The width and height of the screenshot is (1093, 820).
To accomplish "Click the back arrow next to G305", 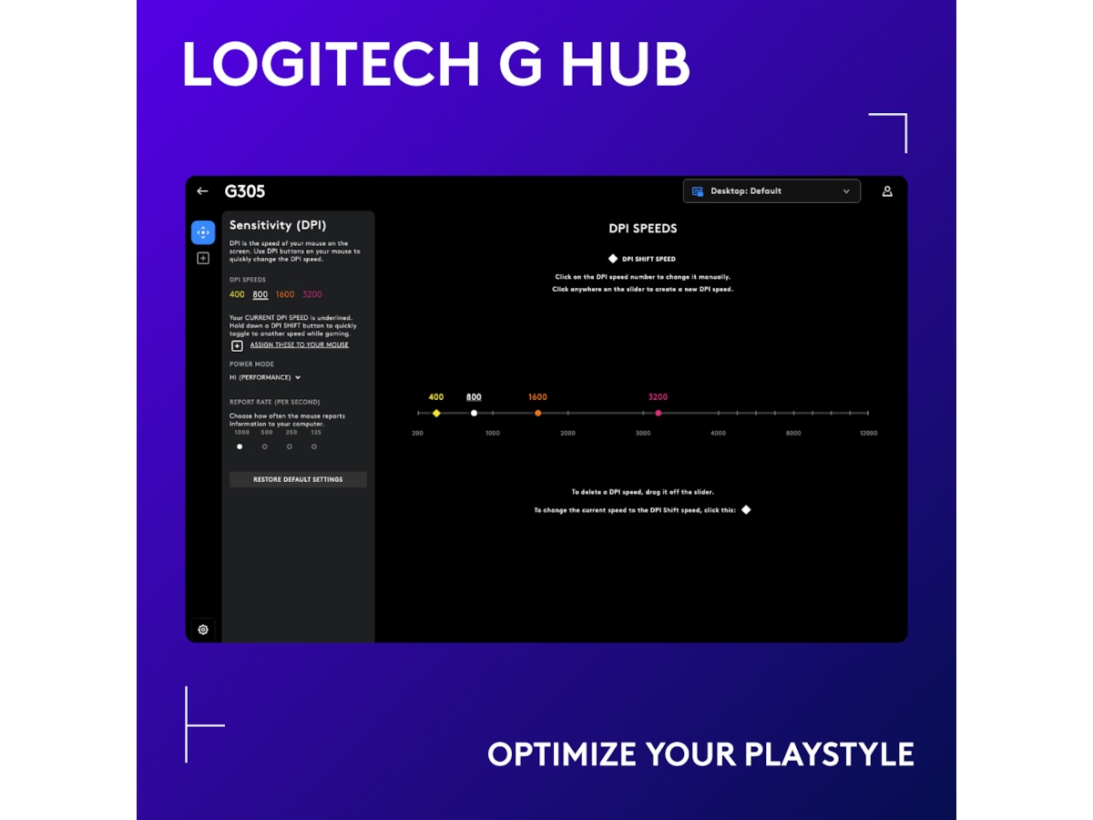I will click(x=202, y=191).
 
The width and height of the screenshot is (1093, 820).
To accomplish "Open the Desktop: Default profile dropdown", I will click(x=771, y=191).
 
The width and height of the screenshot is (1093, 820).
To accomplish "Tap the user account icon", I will click(x=887, y=191).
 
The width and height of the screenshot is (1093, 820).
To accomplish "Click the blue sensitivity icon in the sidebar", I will click(x=203, y=232).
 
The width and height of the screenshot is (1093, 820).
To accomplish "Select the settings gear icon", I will click(x=203, y=630).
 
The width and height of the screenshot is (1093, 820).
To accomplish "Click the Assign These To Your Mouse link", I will click(x=299, y=345).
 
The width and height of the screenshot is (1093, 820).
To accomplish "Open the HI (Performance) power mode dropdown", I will click(x=265, y=377).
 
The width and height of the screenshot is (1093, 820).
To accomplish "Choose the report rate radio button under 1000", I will click(x=240, y=446).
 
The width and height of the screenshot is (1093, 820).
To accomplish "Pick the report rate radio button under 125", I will click(x=314, y=446).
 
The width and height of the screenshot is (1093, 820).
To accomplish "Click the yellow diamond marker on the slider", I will click(x=436, y=414).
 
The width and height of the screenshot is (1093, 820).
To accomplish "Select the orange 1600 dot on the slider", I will click(x=538, y=414).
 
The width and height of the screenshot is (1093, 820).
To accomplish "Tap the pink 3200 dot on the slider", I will click(x=659, y=414).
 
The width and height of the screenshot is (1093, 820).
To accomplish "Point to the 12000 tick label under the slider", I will click(x=868, y=434).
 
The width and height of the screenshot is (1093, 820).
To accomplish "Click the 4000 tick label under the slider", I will click(x=718, y=434).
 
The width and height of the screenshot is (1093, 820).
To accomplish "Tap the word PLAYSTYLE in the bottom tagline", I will click(x=829, y=754).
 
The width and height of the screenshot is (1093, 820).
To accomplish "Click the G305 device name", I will click(x=245, y=191).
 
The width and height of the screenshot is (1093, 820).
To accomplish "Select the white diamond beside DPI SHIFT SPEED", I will click(x=613, y=259).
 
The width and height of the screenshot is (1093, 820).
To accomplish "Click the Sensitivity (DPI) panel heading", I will click(x=278, y=225).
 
